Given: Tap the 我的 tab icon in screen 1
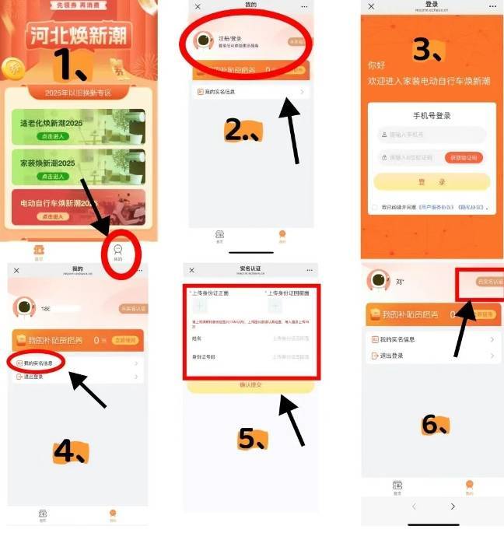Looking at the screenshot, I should point(118,251).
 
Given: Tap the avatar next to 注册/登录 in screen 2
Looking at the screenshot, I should point(204,40).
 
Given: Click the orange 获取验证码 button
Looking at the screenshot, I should point(464,157).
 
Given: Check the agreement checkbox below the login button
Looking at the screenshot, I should point(374,208).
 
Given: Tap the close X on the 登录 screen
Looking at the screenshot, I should point(371,6).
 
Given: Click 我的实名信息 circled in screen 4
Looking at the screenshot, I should point(37,363).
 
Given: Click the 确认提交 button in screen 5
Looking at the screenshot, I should point(250,386).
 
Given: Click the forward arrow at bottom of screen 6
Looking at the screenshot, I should point(453,507).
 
